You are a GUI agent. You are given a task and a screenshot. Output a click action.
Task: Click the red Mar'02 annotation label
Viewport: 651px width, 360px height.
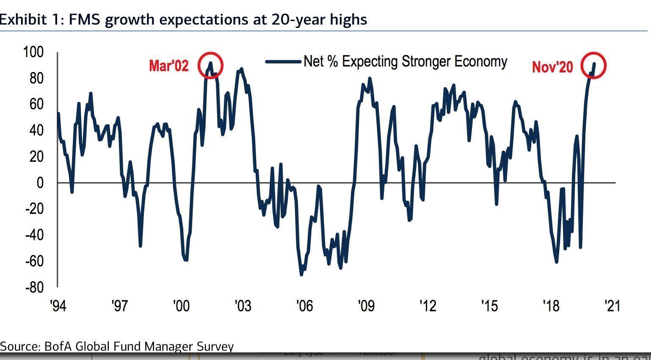coord(168,66)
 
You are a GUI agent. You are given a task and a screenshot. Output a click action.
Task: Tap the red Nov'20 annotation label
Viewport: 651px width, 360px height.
coord(552,67)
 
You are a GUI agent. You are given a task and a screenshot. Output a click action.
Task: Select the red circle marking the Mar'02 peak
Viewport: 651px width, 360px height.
coord(210,65)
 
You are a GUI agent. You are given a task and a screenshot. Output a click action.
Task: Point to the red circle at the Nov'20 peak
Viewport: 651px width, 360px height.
coord(593,65)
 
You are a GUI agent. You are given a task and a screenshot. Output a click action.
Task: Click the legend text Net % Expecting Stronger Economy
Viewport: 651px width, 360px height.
coord(405,61)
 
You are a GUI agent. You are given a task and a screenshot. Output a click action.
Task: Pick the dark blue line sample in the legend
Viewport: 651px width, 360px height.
coord(283,61)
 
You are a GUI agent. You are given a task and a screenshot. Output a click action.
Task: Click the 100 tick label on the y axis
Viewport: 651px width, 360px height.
coord(33,52)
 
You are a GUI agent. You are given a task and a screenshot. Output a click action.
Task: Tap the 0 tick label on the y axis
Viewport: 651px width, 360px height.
coord(40,183)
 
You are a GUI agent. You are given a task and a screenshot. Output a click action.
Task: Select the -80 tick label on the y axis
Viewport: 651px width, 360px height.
coord(34,287)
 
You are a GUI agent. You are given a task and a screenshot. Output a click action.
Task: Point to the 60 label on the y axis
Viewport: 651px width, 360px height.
coord(36,104)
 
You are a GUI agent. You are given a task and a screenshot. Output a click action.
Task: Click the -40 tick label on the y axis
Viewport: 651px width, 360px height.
coord(34,235)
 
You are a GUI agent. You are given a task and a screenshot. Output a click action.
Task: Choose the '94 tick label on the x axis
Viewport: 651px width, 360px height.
coord(58,305)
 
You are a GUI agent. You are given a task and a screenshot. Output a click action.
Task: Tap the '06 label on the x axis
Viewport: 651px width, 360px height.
coord(304,305)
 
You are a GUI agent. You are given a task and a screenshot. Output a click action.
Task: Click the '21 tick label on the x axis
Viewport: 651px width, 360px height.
coord(612,305)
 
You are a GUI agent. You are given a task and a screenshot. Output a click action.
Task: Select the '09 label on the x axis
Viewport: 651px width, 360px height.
coord(366,305)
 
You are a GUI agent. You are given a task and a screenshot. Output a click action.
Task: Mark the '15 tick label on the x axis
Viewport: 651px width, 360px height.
coord(489,305)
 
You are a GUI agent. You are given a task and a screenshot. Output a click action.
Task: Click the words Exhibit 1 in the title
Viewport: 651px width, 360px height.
coord(30,19)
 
